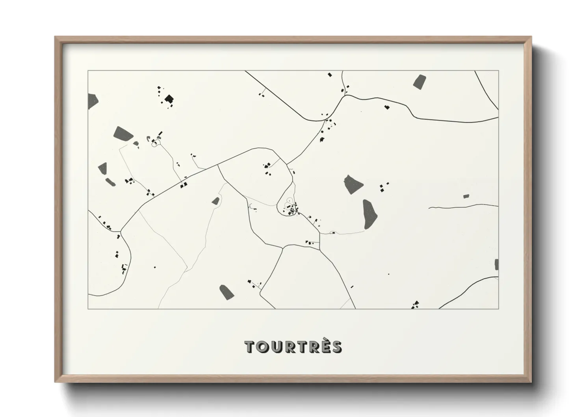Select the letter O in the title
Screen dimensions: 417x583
tap(262, 347)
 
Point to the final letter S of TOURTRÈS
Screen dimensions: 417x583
tap(336, 347)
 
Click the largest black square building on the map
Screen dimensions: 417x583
tap(169, 99)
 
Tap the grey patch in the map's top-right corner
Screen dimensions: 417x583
tap(420, 81)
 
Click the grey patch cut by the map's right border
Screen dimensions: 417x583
tap(496, 264)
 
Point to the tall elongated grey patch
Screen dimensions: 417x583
tap(369, 214)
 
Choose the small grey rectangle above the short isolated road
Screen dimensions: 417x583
tap(466, 196)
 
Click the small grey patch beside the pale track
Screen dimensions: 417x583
tap(215, 201)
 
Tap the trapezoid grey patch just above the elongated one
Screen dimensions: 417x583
tap(353, 184)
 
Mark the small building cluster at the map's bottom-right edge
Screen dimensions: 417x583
tap(415, 305)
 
